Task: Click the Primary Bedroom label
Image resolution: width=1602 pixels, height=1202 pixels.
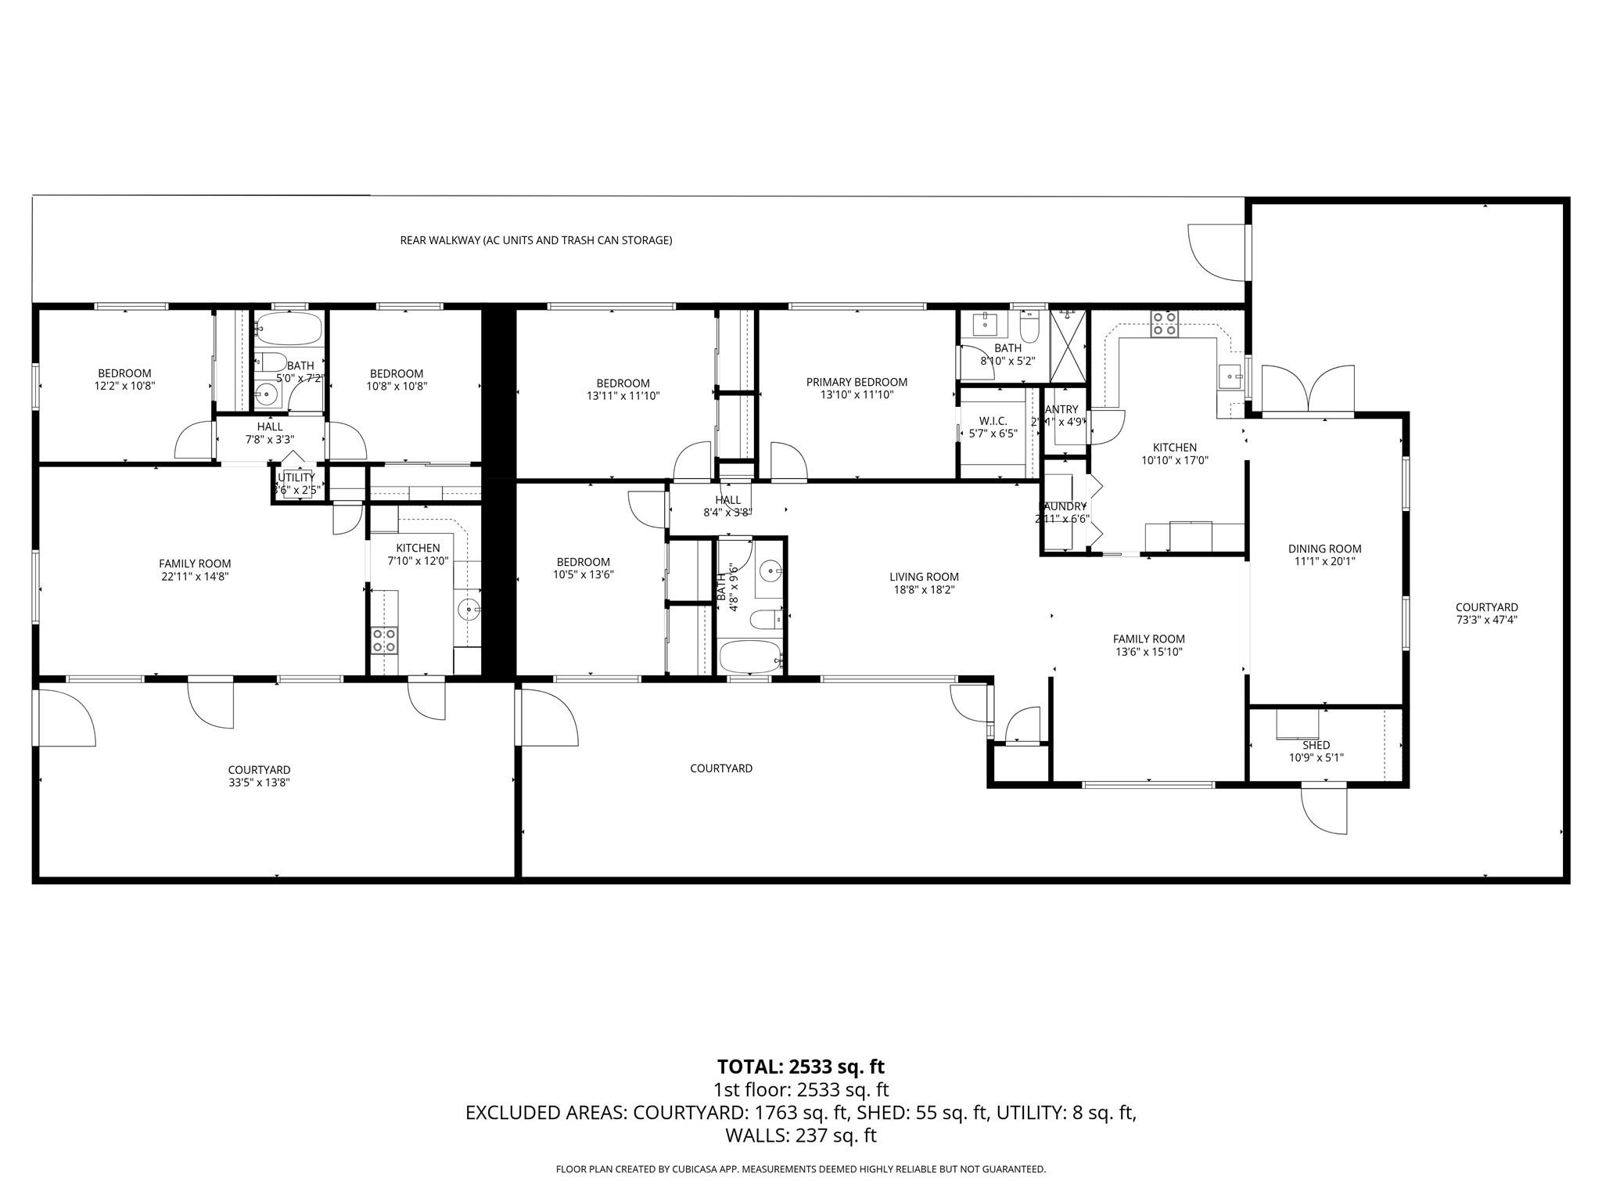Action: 857,383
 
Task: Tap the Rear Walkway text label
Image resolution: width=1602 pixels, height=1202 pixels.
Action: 536,240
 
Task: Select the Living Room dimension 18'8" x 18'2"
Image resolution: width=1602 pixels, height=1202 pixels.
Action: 924,590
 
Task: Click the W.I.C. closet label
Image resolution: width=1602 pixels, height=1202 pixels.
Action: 993,421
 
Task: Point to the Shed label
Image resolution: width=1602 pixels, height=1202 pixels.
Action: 1316,745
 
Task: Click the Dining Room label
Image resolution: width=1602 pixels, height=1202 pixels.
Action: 1324,549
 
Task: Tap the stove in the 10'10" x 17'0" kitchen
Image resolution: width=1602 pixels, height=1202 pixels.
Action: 1163,323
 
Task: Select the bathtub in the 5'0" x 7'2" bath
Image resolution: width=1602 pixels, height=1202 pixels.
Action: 289,329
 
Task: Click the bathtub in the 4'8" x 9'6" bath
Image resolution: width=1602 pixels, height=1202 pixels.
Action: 750,656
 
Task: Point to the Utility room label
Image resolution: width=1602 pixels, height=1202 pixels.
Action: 296,477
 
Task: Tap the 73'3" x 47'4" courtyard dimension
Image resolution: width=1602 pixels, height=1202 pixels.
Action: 1486,620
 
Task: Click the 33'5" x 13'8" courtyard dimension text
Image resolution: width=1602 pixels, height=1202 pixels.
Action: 259,783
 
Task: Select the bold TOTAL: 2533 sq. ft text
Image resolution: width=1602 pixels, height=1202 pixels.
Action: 800,1067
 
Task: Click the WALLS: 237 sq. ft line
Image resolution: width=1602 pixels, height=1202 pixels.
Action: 800,1135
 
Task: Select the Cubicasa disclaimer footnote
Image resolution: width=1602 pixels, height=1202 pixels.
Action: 800,1169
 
